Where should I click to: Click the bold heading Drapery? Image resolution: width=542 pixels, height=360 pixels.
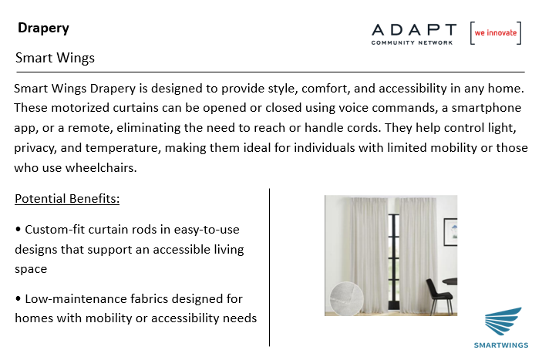[43, 29]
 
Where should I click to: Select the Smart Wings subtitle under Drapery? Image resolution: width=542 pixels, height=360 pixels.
[55, 58]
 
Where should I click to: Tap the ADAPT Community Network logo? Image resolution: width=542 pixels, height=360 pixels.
[414, 34]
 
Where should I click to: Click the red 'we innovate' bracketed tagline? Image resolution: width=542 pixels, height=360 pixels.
[496, 33]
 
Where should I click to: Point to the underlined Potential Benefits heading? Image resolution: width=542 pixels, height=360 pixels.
[67, 199]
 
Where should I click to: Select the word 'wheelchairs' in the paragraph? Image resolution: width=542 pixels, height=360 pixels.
[101, 168]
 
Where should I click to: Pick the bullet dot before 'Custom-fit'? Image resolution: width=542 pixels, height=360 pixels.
[19, 229]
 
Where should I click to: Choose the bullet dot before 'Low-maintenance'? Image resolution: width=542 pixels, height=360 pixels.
[19, 298]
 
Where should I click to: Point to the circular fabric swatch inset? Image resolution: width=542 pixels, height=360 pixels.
[346, 299]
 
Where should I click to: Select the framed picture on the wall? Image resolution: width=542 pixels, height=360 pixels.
[450, 232]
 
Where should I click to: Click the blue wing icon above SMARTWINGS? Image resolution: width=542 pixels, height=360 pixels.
[503, 321]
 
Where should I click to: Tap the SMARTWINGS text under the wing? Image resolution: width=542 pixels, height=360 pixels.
[501, 345]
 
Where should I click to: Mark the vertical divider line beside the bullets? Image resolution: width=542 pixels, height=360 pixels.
[269, 267]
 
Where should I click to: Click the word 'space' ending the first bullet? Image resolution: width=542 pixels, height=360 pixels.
[31, 270]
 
